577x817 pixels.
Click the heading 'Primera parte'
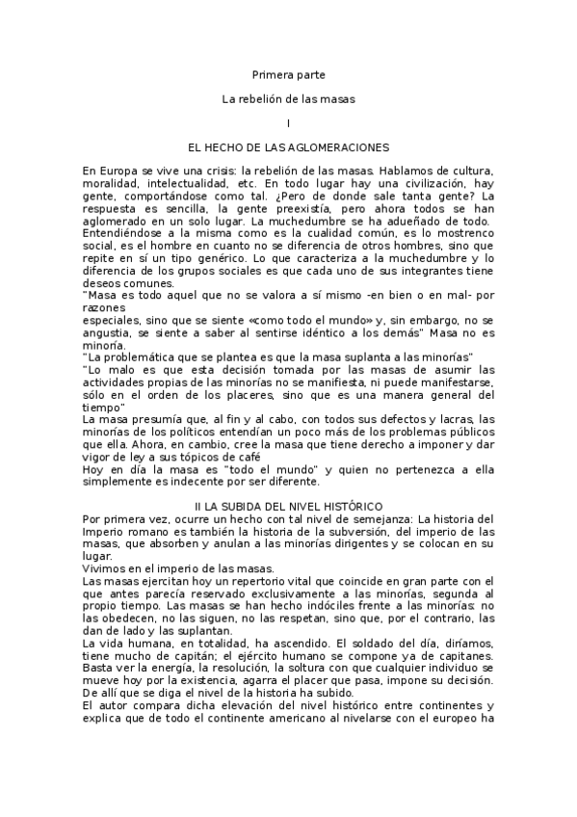click(288, 73)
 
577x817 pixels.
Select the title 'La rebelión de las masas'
click(288, 98)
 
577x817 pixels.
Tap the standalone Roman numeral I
click(288, 123)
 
